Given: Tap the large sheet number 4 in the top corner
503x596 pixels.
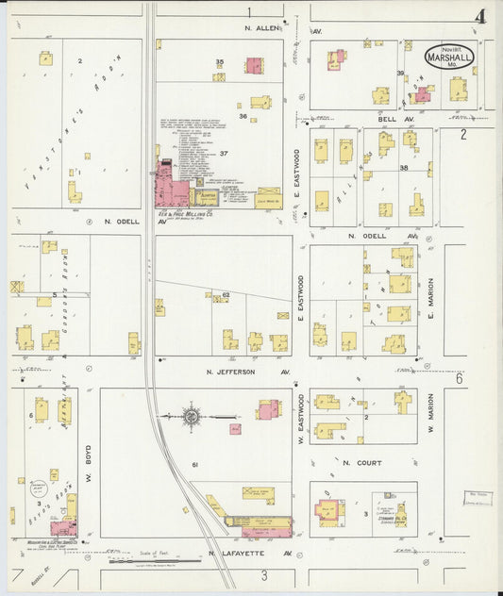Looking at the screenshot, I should point(480,16).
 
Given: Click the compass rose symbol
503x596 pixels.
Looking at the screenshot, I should point(192,415).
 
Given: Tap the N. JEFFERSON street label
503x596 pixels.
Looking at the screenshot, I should point(231,372).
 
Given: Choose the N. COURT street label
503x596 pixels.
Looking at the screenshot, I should point(360,463).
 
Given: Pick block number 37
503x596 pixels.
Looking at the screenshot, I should point(224,153).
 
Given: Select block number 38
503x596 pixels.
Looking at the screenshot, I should point(403,167).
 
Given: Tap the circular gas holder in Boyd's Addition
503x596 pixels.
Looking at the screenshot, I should point(39,489).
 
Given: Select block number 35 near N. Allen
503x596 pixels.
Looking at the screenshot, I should point(220,62).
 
